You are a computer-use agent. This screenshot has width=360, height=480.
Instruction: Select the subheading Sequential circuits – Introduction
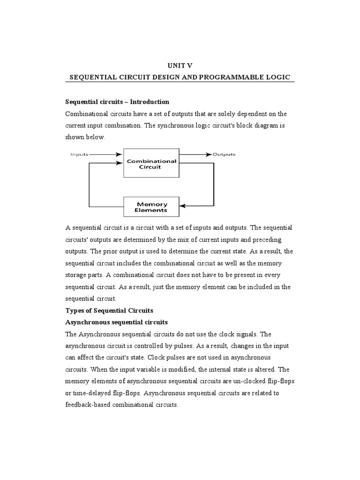[117, 102]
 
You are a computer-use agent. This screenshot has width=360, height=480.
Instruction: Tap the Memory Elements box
[152, 207]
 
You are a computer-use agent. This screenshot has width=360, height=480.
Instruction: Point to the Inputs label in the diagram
[79, 154]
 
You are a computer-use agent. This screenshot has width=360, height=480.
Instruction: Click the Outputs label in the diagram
[224, 154]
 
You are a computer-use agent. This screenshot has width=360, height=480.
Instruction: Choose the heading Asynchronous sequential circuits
[116, 322]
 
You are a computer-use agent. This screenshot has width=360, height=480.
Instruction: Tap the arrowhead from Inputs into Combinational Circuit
[120, 154]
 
